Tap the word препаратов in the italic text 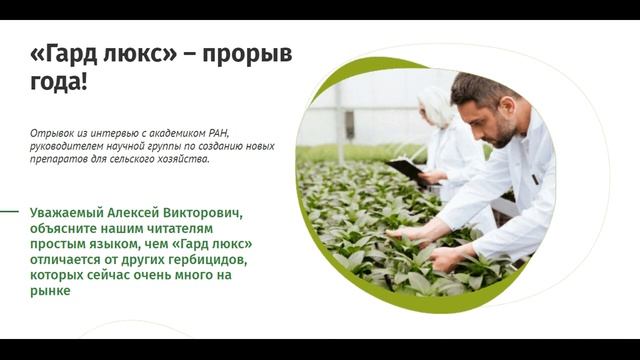coord(57,159)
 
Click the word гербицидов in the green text coord(204,260)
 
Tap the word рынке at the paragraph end coord(50,291)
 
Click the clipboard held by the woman coord(406,168)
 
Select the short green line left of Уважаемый coord(9,212)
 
